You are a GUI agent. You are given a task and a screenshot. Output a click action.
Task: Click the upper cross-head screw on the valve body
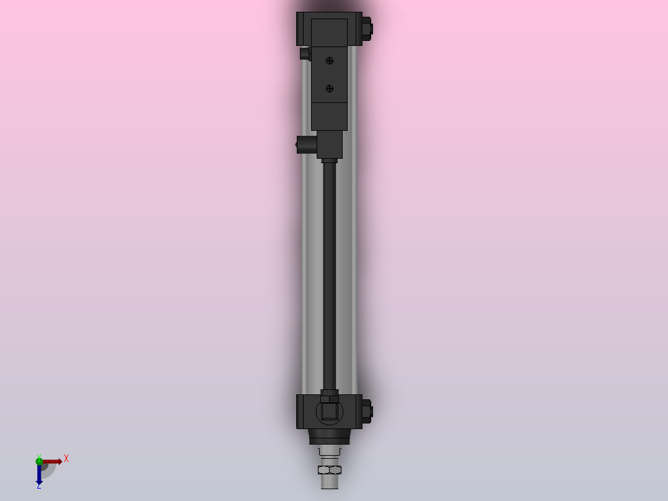[x=329, y=60]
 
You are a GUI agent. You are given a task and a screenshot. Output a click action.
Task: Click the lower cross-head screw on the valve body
[x=329, y=89]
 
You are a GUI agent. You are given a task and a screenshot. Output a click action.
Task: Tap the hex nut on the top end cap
[x=366, y=28]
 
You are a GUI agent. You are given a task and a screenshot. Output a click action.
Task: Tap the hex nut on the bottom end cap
[x=366, y=410]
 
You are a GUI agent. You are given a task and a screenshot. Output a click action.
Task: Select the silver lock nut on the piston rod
[x=329, y=469]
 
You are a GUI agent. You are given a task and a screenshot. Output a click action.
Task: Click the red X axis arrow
[x=52, y=461]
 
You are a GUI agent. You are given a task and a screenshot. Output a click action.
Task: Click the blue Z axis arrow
[x=39, y=474]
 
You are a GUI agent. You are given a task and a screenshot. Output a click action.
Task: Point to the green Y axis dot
[x=39, y=460]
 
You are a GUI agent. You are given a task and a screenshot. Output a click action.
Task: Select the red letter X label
[x=66, y=458]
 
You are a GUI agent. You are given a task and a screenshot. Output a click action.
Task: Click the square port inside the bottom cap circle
[x=329, y=412]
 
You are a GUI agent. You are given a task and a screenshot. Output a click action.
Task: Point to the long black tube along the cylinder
[x=330, y=273]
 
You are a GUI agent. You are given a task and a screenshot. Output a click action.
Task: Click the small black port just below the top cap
[x=305, y=54]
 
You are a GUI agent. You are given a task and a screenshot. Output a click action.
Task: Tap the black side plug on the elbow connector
[x=305, y=144]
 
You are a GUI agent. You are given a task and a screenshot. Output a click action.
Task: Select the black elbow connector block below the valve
[x=330, y=144]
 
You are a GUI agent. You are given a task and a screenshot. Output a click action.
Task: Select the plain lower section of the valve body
[x=329, y=117]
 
